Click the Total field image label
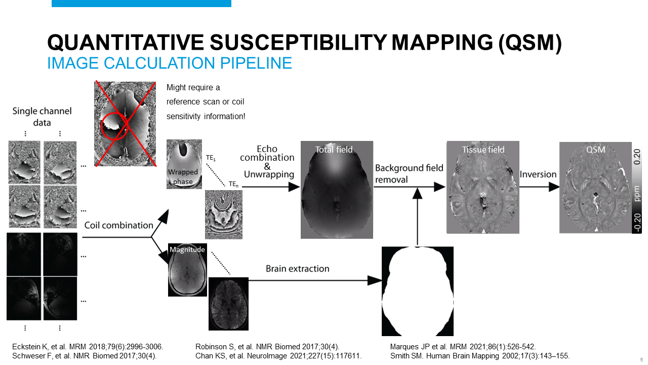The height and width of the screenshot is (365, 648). [x=334, y=150]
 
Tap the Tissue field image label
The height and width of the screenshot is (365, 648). [x=483, y=150]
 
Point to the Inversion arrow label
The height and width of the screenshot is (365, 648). [x=538, y=174]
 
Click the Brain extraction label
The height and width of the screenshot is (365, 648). [x=298, y=269]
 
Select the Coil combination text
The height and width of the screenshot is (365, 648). [x=118, y=225]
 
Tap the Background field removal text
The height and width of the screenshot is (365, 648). [x=409, y=173]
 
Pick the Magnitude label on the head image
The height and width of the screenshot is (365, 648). [x=187, y=249]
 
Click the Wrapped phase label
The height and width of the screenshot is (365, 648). [x=183, y=177]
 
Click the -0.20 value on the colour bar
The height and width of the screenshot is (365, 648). [x=637, y=222]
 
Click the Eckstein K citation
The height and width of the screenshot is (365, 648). [x=87, y=347]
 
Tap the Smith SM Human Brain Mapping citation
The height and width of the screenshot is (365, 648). [x=480, y=356]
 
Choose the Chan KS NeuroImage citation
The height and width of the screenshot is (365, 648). [x=278, y=356]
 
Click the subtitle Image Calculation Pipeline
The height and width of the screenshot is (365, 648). [x=170, y=63]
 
